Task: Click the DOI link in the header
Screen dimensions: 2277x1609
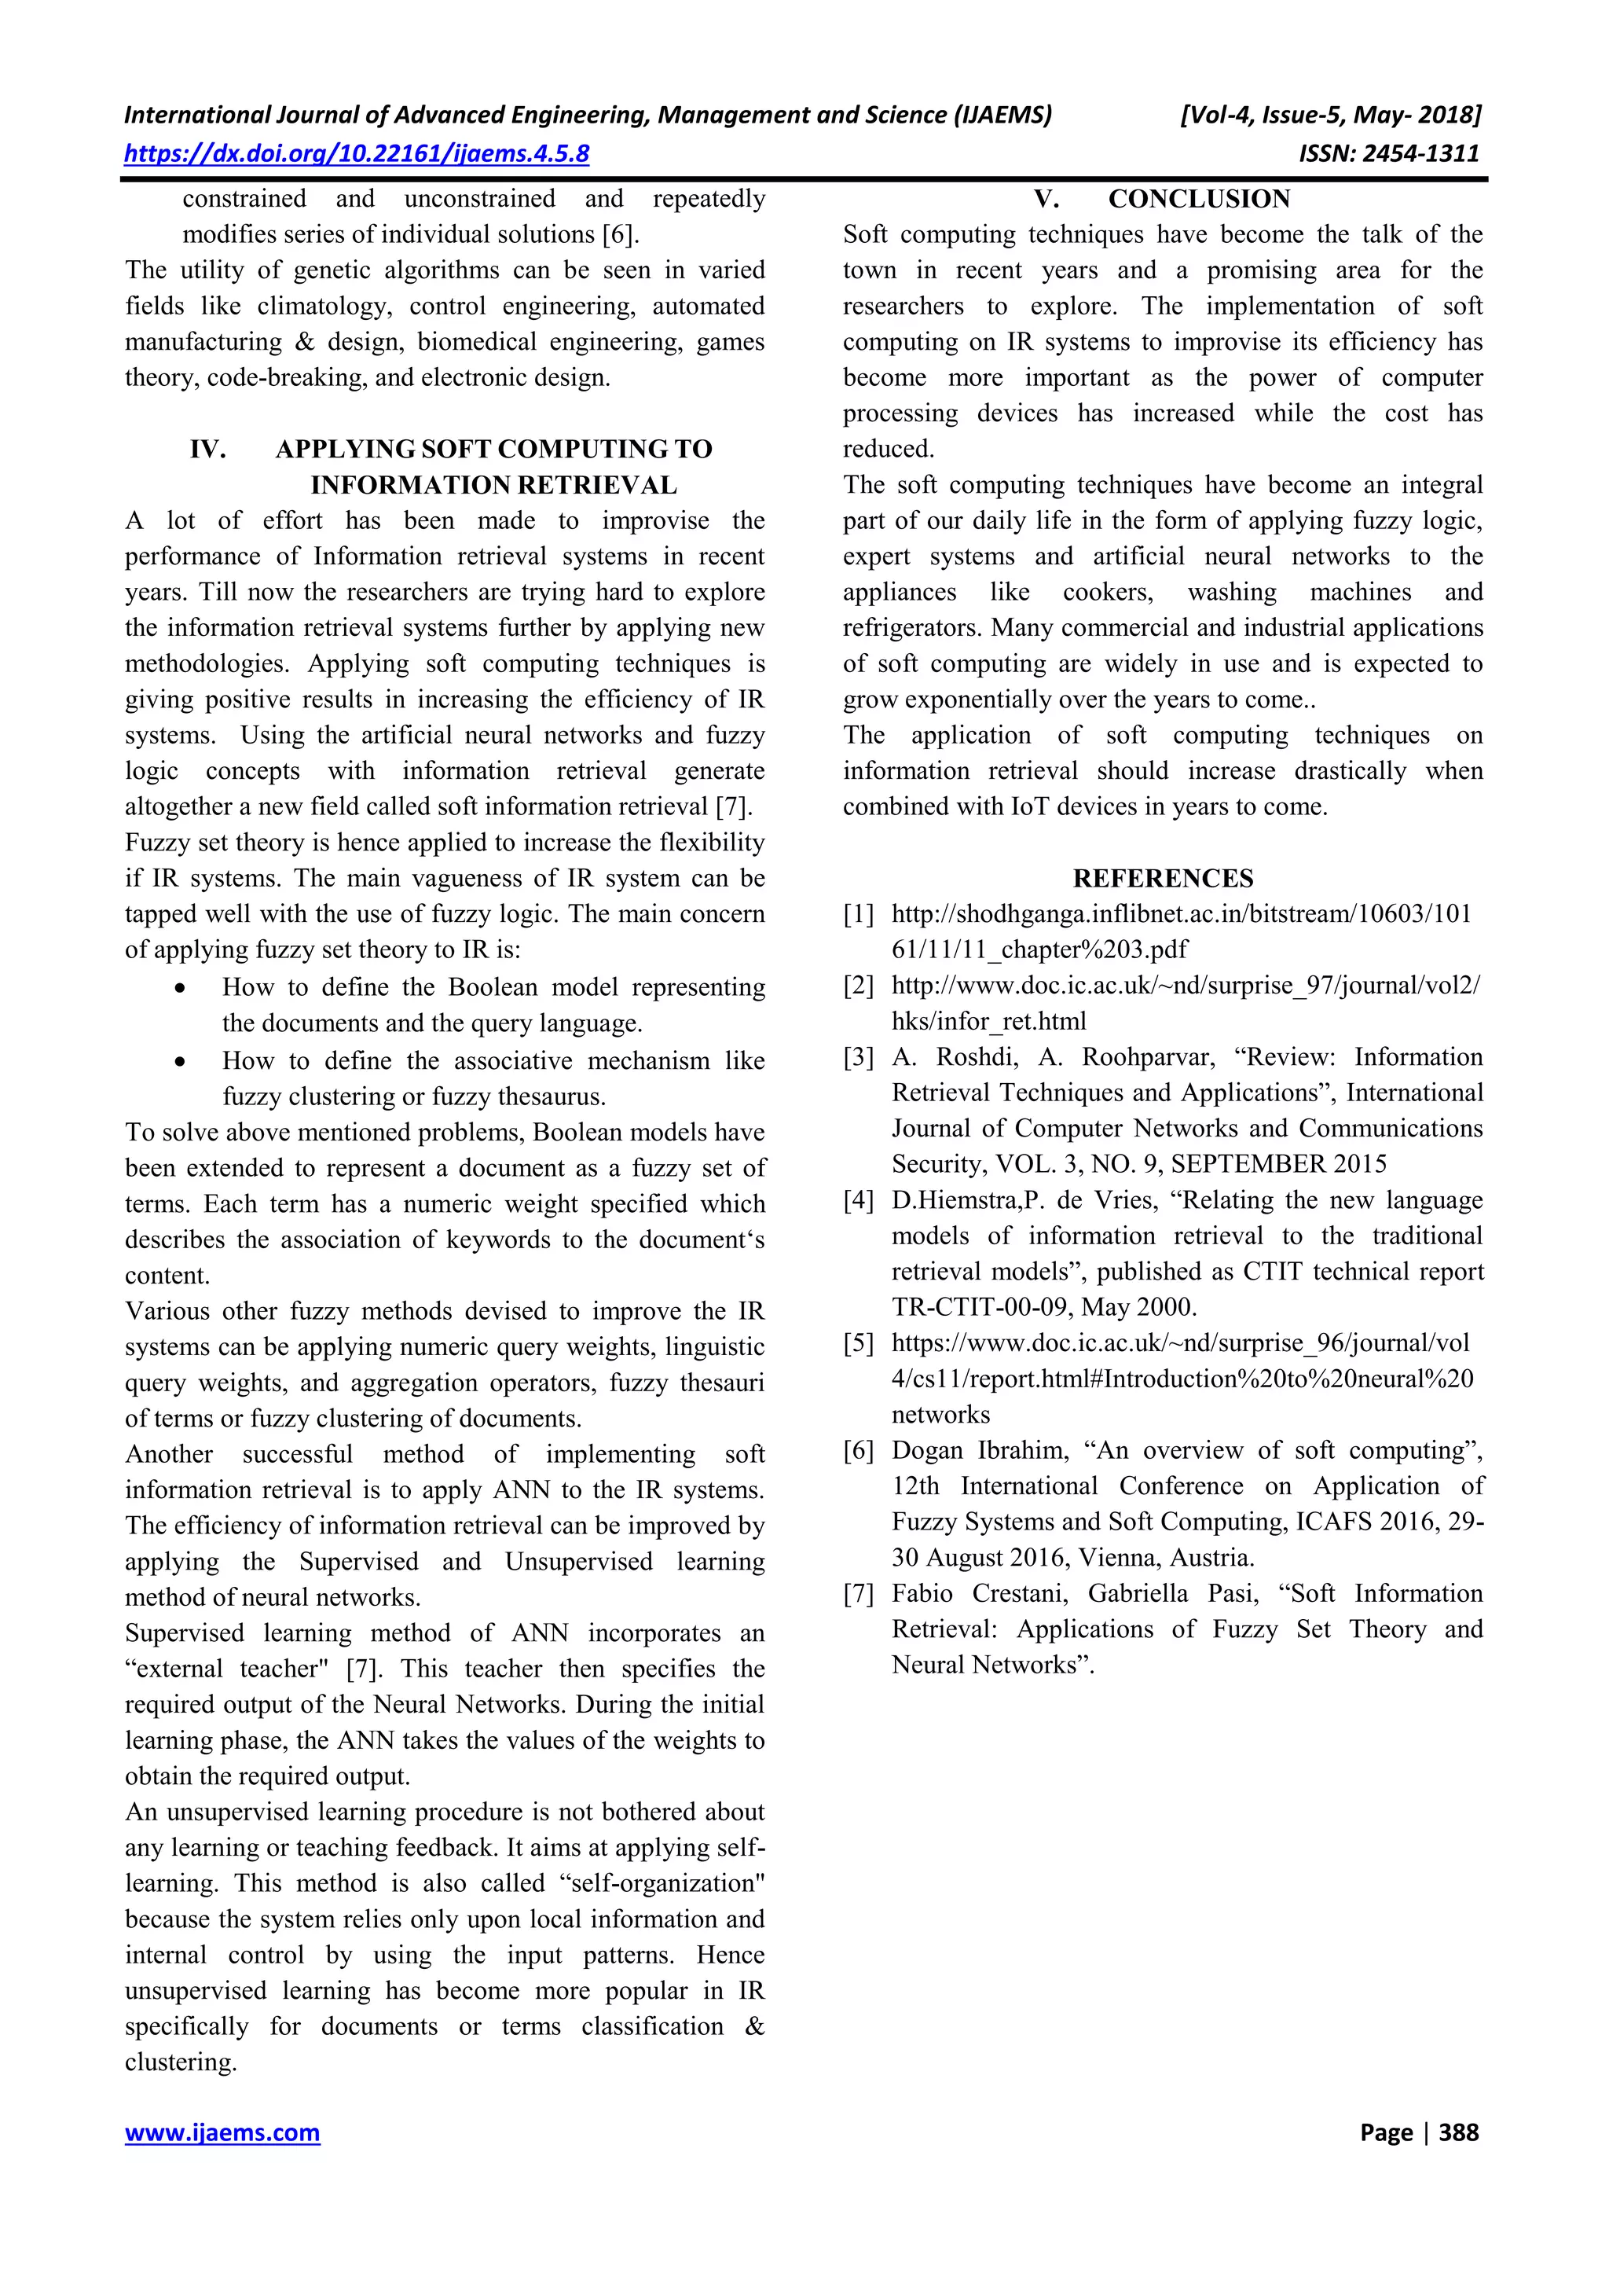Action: coord(356,154)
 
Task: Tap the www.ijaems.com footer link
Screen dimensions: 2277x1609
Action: coord(222,2132)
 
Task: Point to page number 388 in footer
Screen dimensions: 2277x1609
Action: coord(1458,2132)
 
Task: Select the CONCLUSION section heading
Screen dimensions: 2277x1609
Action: coord(1199,200)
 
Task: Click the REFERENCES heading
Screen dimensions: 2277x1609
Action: coord(1162,879)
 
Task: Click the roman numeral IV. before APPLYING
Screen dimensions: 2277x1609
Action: coord(208,450)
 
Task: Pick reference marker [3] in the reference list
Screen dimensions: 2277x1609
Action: coord(859,1057)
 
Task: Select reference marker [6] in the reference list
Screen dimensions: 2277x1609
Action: coord(859,1451)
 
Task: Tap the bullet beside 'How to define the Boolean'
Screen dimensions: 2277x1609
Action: coord(179,989)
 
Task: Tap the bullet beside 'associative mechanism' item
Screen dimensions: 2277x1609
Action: coord(179,1062)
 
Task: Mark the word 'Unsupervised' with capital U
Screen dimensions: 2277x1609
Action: coord(578,1562)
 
